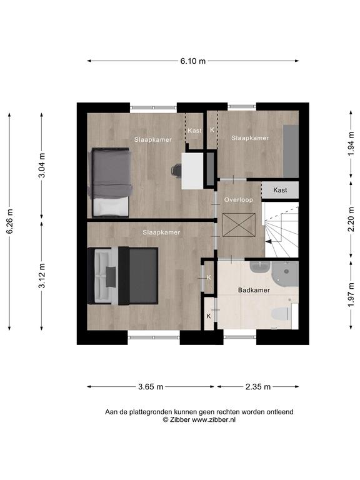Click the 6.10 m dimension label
click(193, 61)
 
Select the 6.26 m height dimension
click(10, 221)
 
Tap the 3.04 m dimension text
click(42, 165)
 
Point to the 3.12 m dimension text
click(42, 276)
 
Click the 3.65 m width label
click(151, 387)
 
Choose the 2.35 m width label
click(258, 387)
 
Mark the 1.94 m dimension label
click(351, 143)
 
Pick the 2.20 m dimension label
click(351, 219)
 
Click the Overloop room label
click(239, 200)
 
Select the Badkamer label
click(254, 290)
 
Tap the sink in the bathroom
click(259, 267)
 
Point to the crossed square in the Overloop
click(239, 225)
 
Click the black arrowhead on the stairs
click(268, 241)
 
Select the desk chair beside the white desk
click(177, 170)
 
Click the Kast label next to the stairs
click(280, 190)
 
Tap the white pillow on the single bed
click(111, 207)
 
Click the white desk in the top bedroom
click(192, 171)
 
